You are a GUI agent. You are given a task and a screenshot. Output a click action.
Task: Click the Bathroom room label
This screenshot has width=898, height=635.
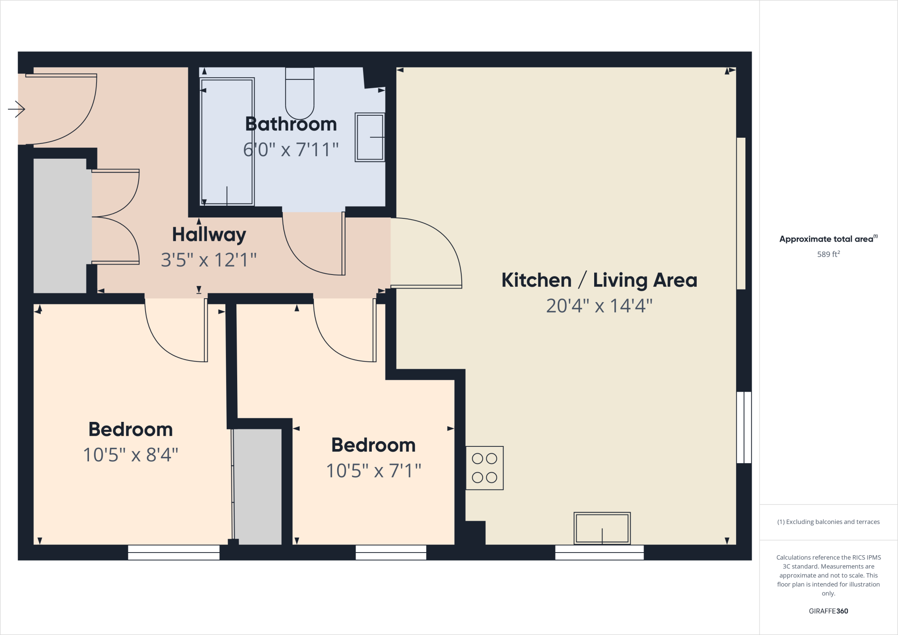pyautogui.click(x=291, y=124)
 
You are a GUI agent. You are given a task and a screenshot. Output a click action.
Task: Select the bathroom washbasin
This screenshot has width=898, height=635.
pyautogui.click(x=370, y=137)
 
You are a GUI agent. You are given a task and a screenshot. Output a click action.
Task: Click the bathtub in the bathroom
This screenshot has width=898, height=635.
pyautogui.click(x=227, y=141)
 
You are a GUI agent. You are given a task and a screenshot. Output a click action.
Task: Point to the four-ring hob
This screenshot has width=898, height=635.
pyautogui.click(x=485, y=468)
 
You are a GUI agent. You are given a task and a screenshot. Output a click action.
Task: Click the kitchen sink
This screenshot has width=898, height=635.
pyautogui.click(x=602, y=528)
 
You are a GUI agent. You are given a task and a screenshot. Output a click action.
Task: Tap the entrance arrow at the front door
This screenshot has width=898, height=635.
pyautogui.click(x=16, y=109)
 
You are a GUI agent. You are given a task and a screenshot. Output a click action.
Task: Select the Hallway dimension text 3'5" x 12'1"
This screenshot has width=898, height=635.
pyautogui.click(x=209, y=260)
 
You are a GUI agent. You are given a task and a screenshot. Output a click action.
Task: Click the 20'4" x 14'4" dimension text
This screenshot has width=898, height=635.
pyautogui.click(x=599, y=306)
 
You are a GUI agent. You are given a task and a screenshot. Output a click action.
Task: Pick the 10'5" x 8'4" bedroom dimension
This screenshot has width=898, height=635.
pyautogui.click(x=131, y=455)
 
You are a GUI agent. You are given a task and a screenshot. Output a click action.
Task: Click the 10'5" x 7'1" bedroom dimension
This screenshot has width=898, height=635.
pyautogui.click(x=373, y=471)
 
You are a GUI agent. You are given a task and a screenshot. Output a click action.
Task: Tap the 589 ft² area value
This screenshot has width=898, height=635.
pyautogui.click(x=828, y=254)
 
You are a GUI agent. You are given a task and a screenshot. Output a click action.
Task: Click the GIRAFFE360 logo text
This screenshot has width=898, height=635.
pyautogui.click(x=828, y=611)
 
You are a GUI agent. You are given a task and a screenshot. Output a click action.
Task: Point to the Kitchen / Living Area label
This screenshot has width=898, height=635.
pyautogui.click(x=599, y=280)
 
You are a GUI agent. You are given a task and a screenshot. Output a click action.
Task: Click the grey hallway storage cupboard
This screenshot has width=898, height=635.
pyautogui.click(x=60, y=226)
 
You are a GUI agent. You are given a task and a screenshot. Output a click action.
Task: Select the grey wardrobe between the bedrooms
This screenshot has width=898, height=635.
pyautogui.click(x=258, y=487)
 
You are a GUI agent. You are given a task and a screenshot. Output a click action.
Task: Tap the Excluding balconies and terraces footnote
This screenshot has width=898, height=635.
pyautogui.click(x=828, y=522)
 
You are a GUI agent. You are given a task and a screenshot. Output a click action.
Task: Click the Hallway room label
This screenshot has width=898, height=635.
pyautogui.click(x=209, y=235)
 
